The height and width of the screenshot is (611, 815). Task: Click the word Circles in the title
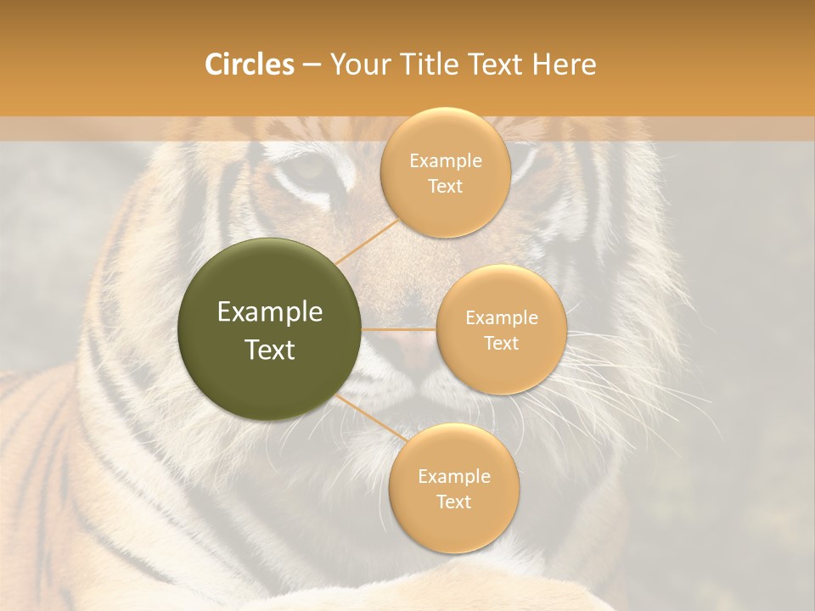point(250,64)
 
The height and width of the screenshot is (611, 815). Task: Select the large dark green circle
point(269,330)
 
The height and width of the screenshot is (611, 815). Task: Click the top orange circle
point(446,173)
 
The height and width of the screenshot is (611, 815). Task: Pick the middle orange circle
point(501,329)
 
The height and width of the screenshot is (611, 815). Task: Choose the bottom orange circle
point(453,488)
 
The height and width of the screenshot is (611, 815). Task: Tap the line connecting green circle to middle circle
point(399,329)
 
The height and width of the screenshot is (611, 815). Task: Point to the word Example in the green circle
point(270,312)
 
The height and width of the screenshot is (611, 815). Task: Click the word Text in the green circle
point(270,350)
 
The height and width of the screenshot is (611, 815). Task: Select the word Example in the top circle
point(446,161)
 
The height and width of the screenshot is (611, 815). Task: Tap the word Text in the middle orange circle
point(501,343)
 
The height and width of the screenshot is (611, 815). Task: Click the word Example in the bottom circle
point(454,476)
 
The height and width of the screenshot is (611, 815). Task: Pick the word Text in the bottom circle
point(453,502)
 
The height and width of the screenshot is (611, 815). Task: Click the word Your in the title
point(357,64)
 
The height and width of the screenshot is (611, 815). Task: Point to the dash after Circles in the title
point(312,65)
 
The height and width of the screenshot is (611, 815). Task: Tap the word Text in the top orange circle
point(445,186)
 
